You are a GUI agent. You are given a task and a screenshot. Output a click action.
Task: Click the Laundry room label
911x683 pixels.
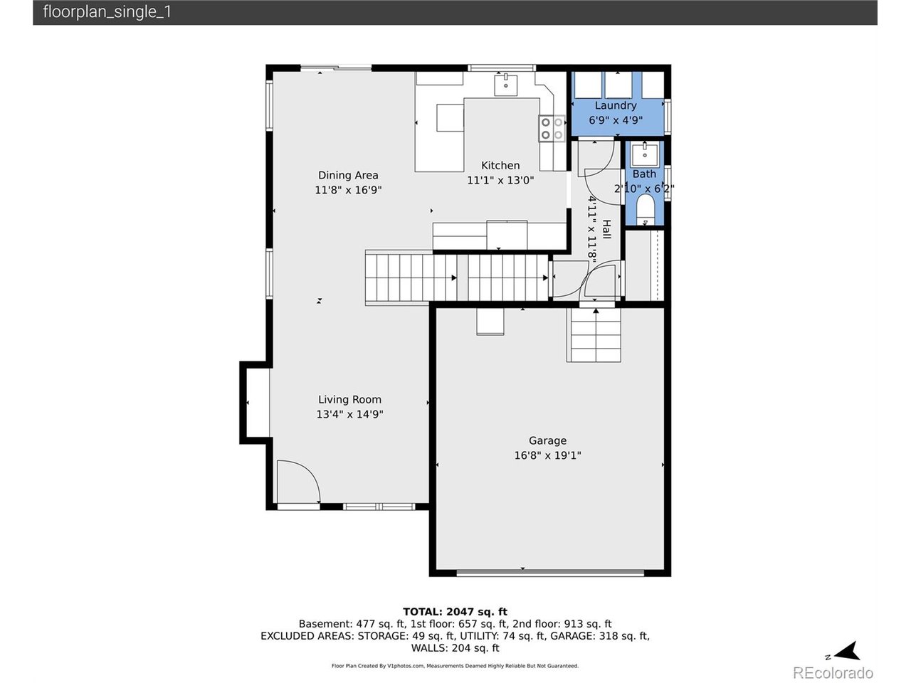pyautogui.click(x=615, y=105)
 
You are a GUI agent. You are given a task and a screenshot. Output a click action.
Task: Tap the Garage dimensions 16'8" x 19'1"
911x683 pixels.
pyautogui.click(x=547, y=455)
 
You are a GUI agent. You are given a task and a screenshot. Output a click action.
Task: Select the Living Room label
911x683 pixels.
pyautogui.click(x=349, y=399)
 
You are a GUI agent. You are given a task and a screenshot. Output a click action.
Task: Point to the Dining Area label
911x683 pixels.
pyautogui.click(x=348, y=175)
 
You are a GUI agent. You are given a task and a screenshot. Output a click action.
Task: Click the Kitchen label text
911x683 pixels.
pyautogui.click(x=500, y=165)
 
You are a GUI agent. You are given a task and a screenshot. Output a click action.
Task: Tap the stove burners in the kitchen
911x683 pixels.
pyautogui.click(x=551, y=128)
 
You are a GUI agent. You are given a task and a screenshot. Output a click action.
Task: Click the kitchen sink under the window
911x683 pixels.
pyautogui.click(x=506, y=84)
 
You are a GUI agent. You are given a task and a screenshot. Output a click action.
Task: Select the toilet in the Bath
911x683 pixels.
pyautogui.click(x=645, y=208)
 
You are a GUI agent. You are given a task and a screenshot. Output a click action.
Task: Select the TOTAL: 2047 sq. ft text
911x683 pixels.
pyautogui.click(x=455, y=611)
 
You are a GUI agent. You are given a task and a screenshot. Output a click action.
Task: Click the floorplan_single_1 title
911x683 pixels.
pyautogui.click(x=107, y=11)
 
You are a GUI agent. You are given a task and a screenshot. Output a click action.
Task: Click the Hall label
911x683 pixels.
pyautogui.click(x=606, y=229)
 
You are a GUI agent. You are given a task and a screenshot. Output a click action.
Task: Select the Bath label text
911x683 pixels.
pyautogui.click(x=644, y=174)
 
